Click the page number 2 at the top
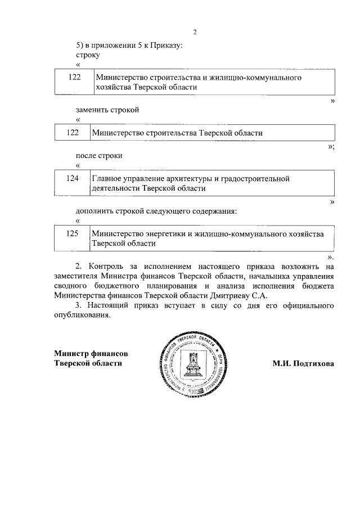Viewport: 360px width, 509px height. pyautogui.click(x=195, y=31)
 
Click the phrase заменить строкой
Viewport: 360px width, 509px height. pyautogui.click(x=107, y=109)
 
